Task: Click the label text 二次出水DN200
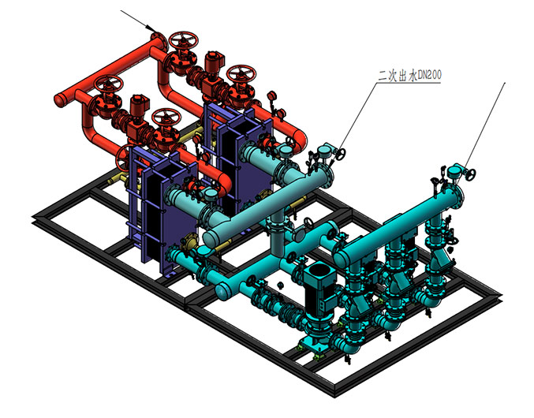pyautogui.click(x=409, y=75)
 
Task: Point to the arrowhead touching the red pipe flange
pyautogui.click(x=150, y=28)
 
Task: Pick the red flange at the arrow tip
pyautogui.click(x=159, y=39)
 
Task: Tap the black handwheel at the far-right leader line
pyautogui.click(x=471, y=174)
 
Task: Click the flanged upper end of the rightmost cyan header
pyautogui.click(x=455, y=196)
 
